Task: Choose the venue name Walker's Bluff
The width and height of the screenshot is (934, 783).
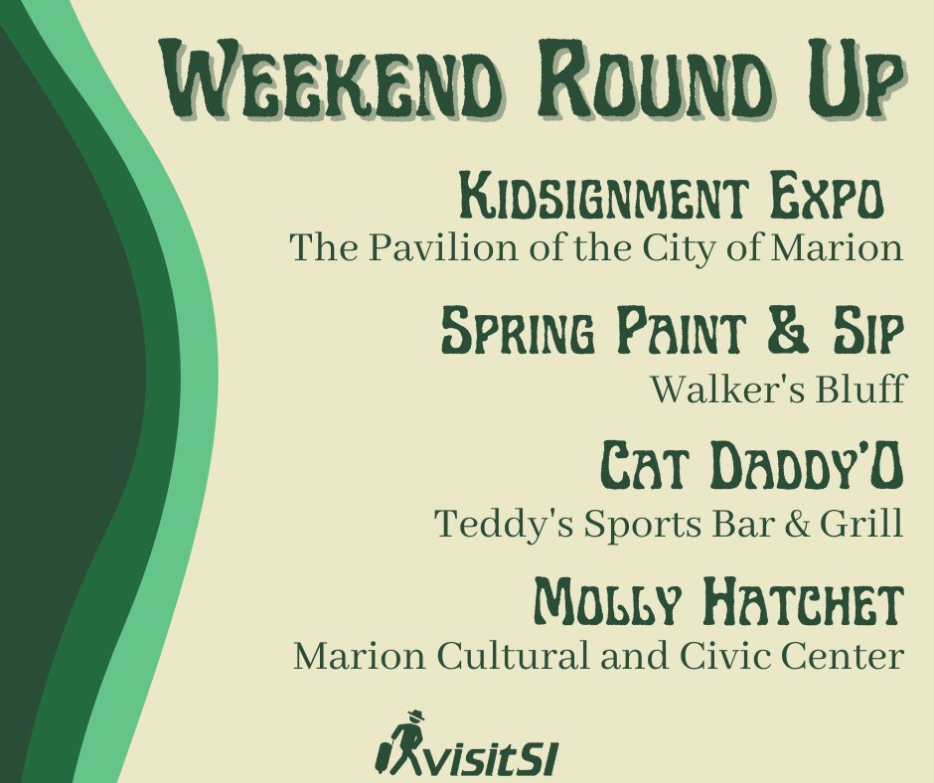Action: pos(777,390)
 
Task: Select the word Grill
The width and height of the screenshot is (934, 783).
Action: pos(871,524)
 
